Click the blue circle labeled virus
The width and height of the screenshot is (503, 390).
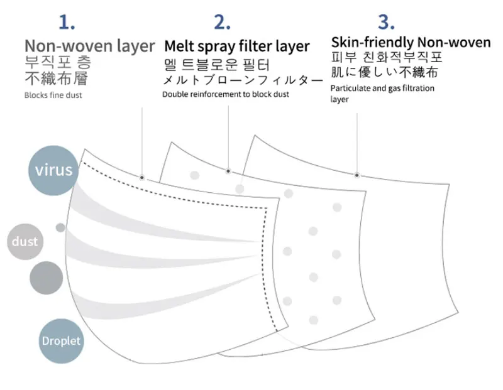pos(53,170)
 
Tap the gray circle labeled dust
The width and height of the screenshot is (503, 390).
pos(25,242)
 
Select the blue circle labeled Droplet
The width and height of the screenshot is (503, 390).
pos(61,341)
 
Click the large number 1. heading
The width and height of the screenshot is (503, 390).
pos(67,23)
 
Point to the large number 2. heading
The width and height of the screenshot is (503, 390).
pos(223,23)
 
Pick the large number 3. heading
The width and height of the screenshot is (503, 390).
pos(386,23)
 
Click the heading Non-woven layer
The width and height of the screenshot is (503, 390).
pos(89,46)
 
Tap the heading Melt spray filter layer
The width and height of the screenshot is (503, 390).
pos(237,46)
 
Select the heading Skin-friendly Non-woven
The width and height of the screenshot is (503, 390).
pos(411,42)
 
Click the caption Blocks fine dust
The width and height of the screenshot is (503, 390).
pos(53,95)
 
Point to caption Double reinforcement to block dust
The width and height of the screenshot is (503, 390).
pos(226,94)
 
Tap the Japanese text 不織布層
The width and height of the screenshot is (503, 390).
pos(56,79)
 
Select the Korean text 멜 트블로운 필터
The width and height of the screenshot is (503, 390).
pos(217,65)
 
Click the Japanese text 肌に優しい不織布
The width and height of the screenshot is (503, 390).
pos(384,72)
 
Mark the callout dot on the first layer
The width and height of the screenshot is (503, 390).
pos(143,176)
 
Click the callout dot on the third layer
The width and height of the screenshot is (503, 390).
pos(357,174)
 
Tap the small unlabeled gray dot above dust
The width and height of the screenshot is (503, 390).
pos(60,227)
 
